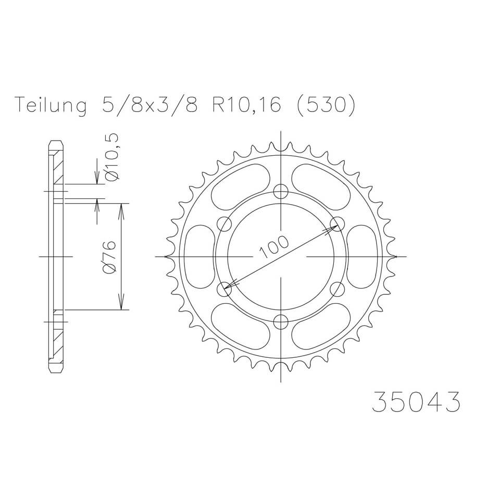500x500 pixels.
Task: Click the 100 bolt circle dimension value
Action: [274, 247]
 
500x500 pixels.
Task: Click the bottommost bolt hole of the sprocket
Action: [281, 321]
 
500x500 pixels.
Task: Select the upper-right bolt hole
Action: [337, 224]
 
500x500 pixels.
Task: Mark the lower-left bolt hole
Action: [224, 289]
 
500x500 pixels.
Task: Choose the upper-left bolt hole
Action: [224, 224]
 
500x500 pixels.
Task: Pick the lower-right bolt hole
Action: [337, 289]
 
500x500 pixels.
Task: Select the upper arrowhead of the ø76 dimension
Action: [121, 208]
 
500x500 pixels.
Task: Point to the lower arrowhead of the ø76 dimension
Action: [121, 305]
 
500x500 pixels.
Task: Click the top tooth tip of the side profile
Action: [56, 143]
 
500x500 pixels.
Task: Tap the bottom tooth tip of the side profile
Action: [56, 370]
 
